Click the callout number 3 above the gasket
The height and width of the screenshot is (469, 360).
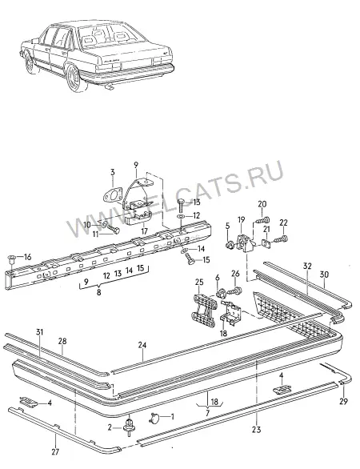click(x=113, y=172)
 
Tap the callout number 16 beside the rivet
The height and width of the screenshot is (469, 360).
click(x=27, y=257)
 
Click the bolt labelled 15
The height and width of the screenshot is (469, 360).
click(x=190, y=259)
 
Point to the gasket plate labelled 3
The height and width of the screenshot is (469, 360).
click(x=113, y=194)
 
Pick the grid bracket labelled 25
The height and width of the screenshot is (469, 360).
click(x=204, y=311)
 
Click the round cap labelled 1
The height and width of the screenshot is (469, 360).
click(x=154, y=418)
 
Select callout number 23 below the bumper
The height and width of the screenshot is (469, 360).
click(x=256, y=430)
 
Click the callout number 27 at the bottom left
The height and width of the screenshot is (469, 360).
click(x=55, y=451)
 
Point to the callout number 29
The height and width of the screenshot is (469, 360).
click(x=343, y=401)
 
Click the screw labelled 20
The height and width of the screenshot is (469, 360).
click(x=263, y=220)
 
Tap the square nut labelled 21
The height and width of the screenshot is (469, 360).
click(x=266, y=243)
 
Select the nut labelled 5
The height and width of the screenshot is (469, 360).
click(x=230, y=246)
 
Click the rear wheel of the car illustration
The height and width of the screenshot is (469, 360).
click(x=74, y=77)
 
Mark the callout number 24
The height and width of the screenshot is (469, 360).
click(x=142, y=345)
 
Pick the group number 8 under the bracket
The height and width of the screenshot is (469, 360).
click(x=98, y=292)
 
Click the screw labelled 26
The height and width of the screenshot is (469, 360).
click(x=235, y=291)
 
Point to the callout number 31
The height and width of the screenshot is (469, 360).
click(x=40, y=331)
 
